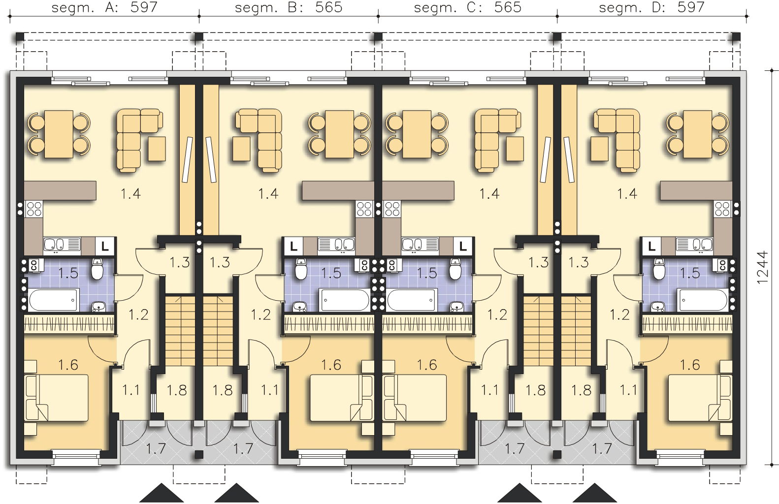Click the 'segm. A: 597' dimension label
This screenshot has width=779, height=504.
tap(104, 7)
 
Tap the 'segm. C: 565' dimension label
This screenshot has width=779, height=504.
tap(467, 7)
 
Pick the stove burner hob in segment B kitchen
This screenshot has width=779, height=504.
tap(364, 210)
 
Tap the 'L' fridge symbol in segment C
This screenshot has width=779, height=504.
tap(463, 245)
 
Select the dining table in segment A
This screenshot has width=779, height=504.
tap(59, 133)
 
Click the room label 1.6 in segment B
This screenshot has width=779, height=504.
tap(331, 365)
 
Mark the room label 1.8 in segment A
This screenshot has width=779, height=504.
tap(176, 390)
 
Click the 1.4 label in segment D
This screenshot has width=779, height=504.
tap(627, 193)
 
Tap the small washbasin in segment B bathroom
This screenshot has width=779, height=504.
tap(300, 307)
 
